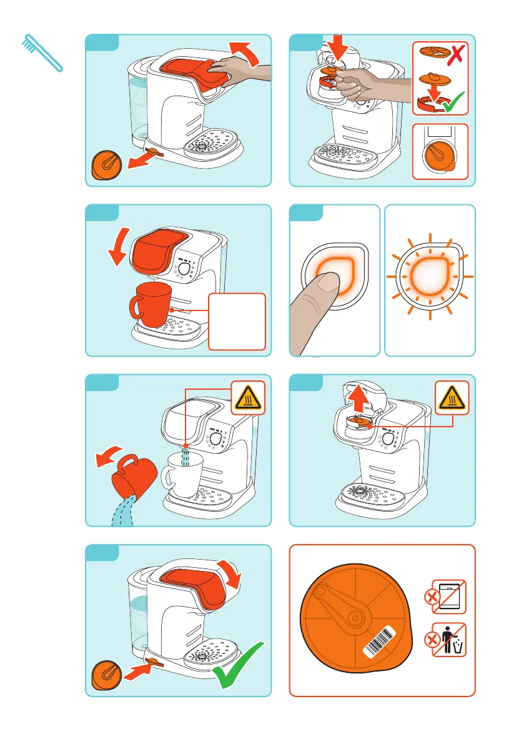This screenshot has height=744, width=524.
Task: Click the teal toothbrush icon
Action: pyautogui.click(x=41, y=52)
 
